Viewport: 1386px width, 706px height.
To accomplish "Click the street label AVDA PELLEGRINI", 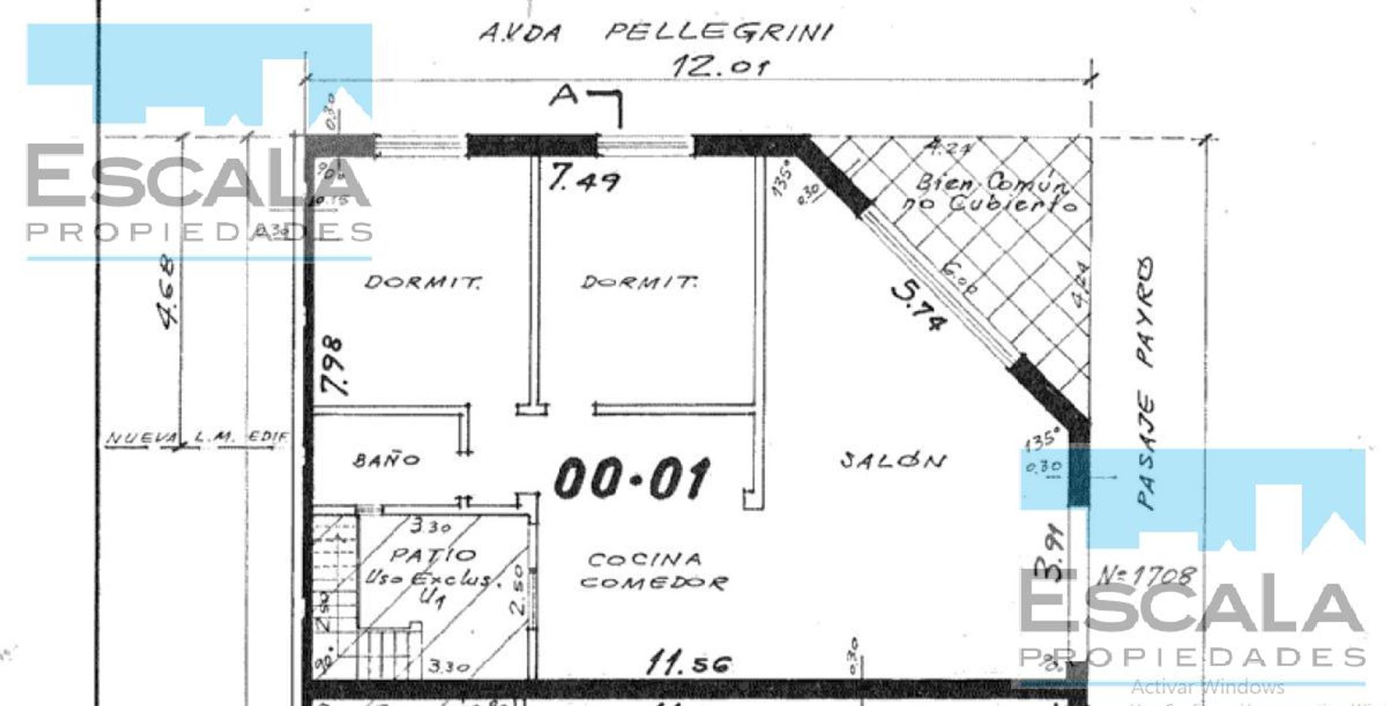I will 655,31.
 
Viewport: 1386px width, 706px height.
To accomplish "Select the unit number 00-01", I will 631,478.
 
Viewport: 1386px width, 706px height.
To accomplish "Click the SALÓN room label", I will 893,461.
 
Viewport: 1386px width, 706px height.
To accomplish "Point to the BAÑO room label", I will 386,460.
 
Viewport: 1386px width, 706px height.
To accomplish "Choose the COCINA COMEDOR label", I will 653,571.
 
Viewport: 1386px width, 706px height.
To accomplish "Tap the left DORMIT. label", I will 423,282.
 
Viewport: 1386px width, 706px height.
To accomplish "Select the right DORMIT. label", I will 639,282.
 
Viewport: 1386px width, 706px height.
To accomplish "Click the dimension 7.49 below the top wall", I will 584,178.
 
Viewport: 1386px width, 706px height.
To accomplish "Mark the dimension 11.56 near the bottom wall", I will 688,664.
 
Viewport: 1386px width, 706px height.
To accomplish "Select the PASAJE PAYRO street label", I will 1146,382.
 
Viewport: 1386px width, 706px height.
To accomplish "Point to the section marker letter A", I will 565,95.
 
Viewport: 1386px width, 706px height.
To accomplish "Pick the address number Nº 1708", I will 1146,576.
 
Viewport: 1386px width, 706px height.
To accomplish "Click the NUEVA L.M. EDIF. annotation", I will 196,437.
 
